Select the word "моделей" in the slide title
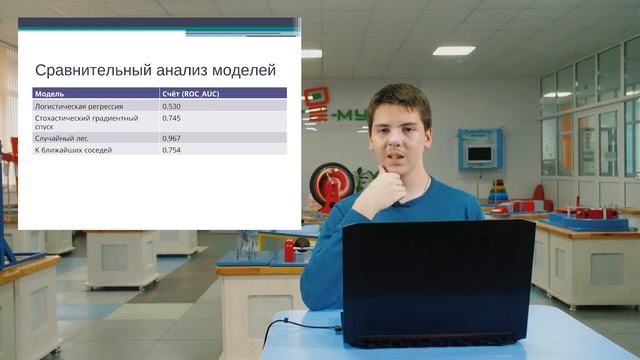pyautogui.click(x=240, y=71)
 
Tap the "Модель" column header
pyautogui.click(x=50, y=93)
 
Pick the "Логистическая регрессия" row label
pyautogui.click(x=79, y=105)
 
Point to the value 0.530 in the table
pyautogui.click(x=171, y=105)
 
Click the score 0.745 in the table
pyautogui.click(x=171, y=117)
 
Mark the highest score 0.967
pyautogui.click(x=171, y=138)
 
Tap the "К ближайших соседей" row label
pyautogui.click(x=73, y=150)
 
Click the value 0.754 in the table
pyautogui.click(x=171, y=150)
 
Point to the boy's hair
pyautogui.click(x=398, y=98)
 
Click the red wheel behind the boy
pyautogui.click(x=331, y=184)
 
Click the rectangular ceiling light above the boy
pyautogui.click(x=453, y=50)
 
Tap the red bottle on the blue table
pyautogui.click(x=289, y=250)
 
